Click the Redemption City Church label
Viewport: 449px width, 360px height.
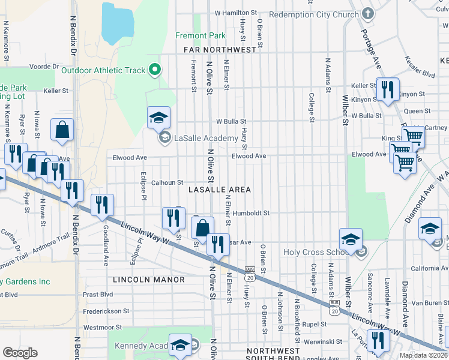coord(313,14)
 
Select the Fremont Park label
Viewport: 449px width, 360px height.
coord(200,36)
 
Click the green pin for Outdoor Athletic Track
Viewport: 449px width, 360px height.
coord(155,70)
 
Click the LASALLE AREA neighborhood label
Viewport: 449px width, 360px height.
coord(219,190)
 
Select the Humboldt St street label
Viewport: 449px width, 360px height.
coord(252,213)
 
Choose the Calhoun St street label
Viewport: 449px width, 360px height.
coord(166,182)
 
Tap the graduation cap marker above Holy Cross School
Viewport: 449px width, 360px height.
coord(351,239)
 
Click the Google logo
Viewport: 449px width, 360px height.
coord(19,353)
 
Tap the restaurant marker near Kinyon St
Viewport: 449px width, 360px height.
coord(387,90)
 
